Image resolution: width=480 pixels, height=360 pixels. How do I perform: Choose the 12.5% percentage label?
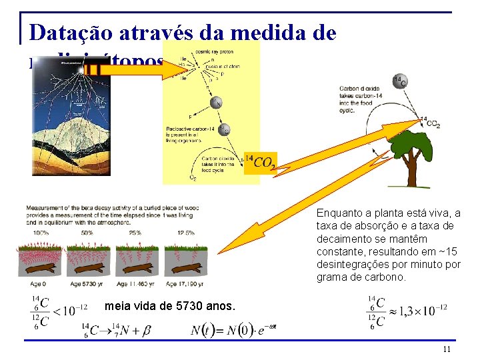[x=186, y=233]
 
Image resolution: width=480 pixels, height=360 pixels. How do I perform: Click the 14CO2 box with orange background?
[x=260, y=161]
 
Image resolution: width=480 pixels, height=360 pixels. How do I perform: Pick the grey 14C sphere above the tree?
[x=400, y=80]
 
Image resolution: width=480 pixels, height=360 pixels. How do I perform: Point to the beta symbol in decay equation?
[x=147, y=330]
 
